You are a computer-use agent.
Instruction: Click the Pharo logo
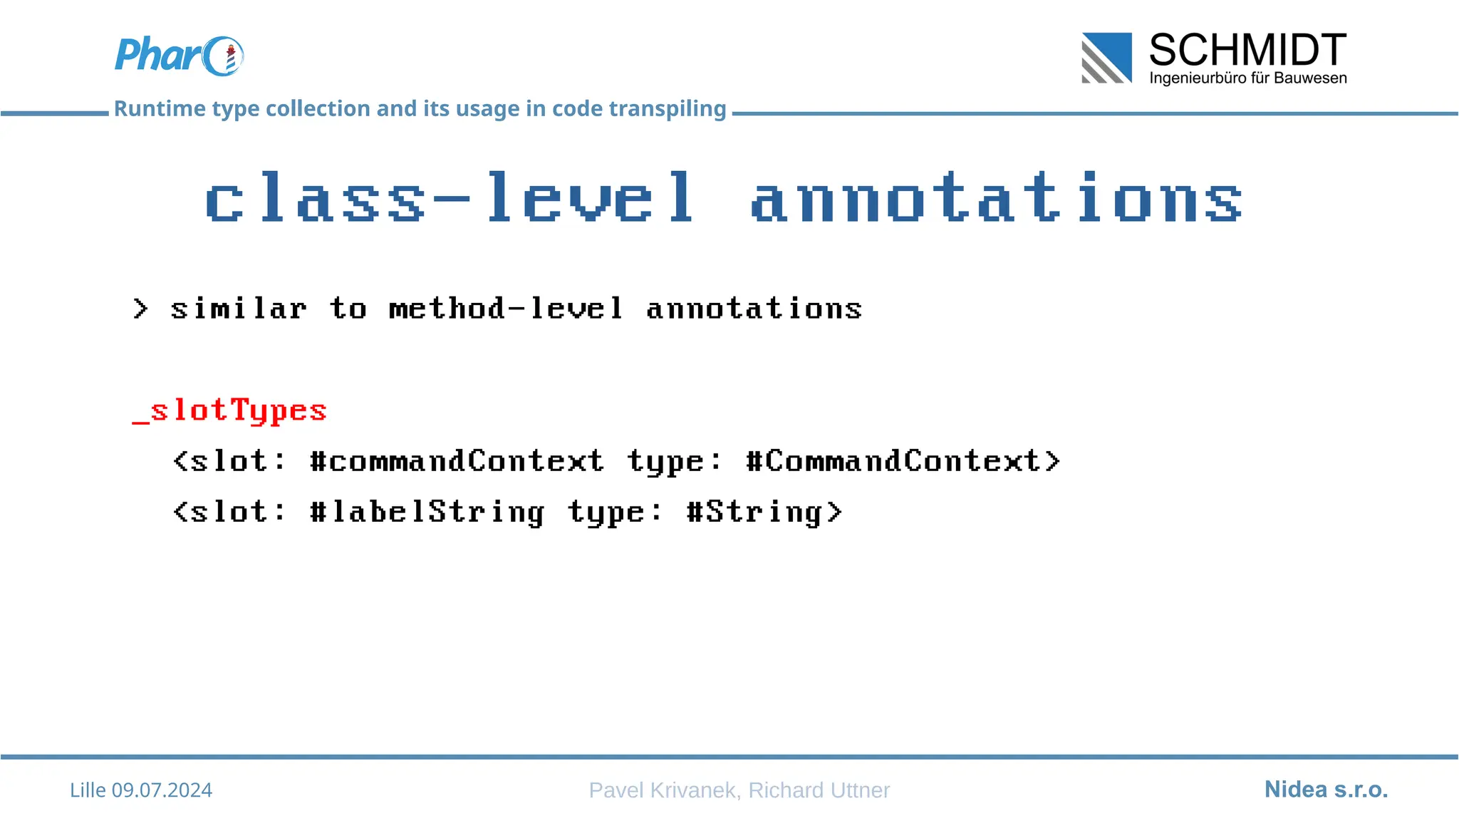179,56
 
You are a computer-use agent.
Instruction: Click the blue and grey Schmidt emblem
1106,58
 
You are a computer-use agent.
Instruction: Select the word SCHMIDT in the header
1247,50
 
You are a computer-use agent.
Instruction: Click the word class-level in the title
449,198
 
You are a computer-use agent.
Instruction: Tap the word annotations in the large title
997,198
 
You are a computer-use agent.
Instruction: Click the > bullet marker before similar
140,309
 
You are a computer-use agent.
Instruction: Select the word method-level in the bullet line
506,309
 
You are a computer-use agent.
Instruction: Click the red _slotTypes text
229,411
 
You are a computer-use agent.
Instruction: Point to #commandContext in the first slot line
457,461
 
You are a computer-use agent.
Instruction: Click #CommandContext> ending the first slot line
903,461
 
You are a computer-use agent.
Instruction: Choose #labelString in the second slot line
427,512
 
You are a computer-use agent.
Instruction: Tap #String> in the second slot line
764,512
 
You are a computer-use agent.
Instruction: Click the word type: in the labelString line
615,512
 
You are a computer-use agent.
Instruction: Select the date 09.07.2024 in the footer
162,790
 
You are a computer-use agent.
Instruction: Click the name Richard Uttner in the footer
819,790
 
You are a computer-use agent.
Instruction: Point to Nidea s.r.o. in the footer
1326,790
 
